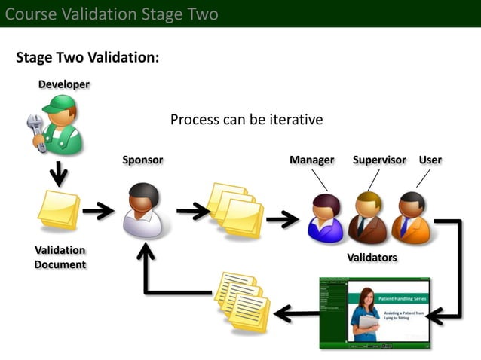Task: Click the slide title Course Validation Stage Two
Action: click(x=112, y=14)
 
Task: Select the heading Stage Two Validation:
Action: click(x=87, y=58)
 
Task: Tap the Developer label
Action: click(x=64, y=84)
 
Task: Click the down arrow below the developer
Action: click(x=59, y=175)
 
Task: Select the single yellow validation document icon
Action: click(x=59, y=210)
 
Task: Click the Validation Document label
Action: click(x=60, y=257)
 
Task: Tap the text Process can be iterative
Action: click(x=247, y=120)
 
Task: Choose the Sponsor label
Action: click(x=142, y=160)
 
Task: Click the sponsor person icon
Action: click(x=143, y=211)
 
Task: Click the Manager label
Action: click(x=311, y=160)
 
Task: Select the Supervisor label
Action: click(x=379, y=160)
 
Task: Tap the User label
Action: click(x=430, y=160)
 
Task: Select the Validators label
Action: click(x=372, y=258)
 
